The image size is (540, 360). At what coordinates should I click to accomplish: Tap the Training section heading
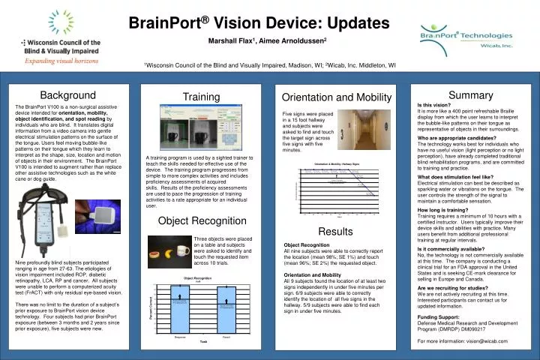click(x=201, y=97)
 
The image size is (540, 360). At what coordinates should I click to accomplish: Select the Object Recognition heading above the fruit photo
click(x=201, y=221)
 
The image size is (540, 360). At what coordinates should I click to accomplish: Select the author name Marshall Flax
click(x=229, y=44)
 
